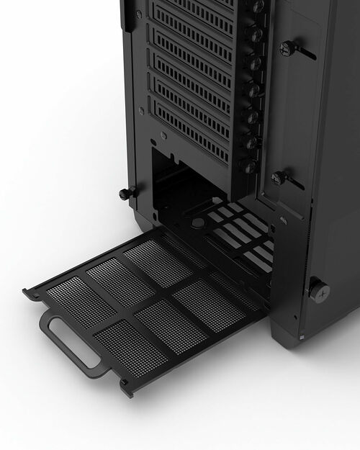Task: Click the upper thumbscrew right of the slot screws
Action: click(x=288, y=49)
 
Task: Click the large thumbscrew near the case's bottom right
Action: click(x=318, y=290)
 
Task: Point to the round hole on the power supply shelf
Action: click(x=197, y=223)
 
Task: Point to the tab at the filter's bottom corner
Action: click(x=127, y=391)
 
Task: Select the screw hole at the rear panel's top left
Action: click(x=138, y=14)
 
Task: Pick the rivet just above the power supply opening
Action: click(x=164, y=135)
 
